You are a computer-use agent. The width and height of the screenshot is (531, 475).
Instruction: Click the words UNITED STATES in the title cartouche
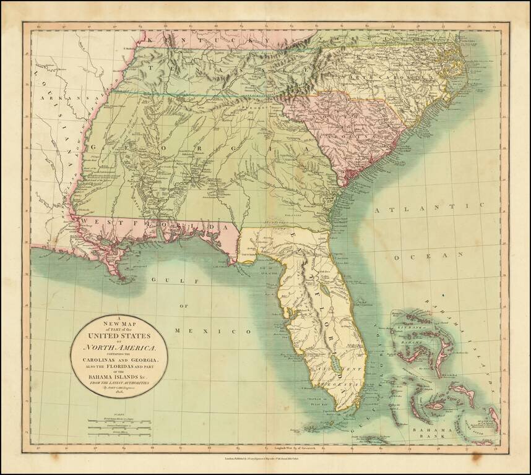[x=118, y=339]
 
